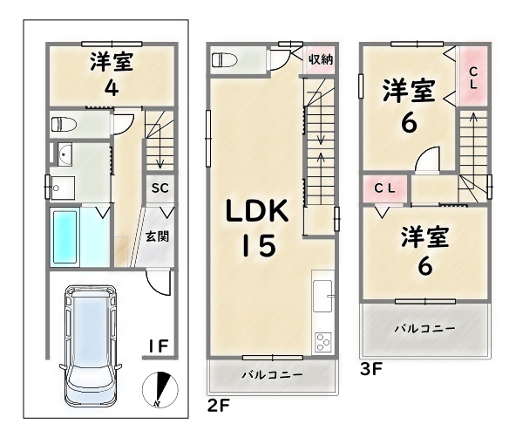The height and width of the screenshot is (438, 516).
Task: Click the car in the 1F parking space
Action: [x=91, y=346]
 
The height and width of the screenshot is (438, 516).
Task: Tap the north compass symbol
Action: [x=160, y=390]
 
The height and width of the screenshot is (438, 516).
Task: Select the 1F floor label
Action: [x=159, y=346]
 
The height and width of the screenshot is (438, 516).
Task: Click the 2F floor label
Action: [x=218, y=406]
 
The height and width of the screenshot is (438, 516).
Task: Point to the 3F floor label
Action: [x=371, y=369]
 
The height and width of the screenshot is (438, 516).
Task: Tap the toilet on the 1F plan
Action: [x=64, y=125]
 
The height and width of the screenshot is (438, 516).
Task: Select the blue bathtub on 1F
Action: [x=64, y=237]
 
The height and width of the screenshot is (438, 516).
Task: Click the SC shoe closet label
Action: [x=160, y=188]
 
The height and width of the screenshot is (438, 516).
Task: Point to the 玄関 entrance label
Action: [x=158, y=236]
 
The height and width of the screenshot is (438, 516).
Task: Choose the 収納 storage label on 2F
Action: [x=321, y=59]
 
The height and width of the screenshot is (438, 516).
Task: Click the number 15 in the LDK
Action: [x=259, y=245]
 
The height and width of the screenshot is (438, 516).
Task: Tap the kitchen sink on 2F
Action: [x=322, y=296]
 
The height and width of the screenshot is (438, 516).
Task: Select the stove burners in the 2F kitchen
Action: [x=323, y=342]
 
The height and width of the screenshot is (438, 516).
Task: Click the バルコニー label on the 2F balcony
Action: [x=272, y=375]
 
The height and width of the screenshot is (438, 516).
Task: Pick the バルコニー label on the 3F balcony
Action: [x=425, y=328]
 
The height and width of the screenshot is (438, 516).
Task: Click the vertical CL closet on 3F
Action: [x=473, y=76]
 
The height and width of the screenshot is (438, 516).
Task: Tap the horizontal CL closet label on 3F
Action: [x=384, y=188]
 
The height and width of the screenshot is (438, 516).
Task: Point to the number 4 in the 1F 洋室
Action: [x=112, y=88]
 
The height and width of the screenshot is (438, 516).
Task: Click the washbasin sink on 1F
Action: [x=64, y=154]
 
